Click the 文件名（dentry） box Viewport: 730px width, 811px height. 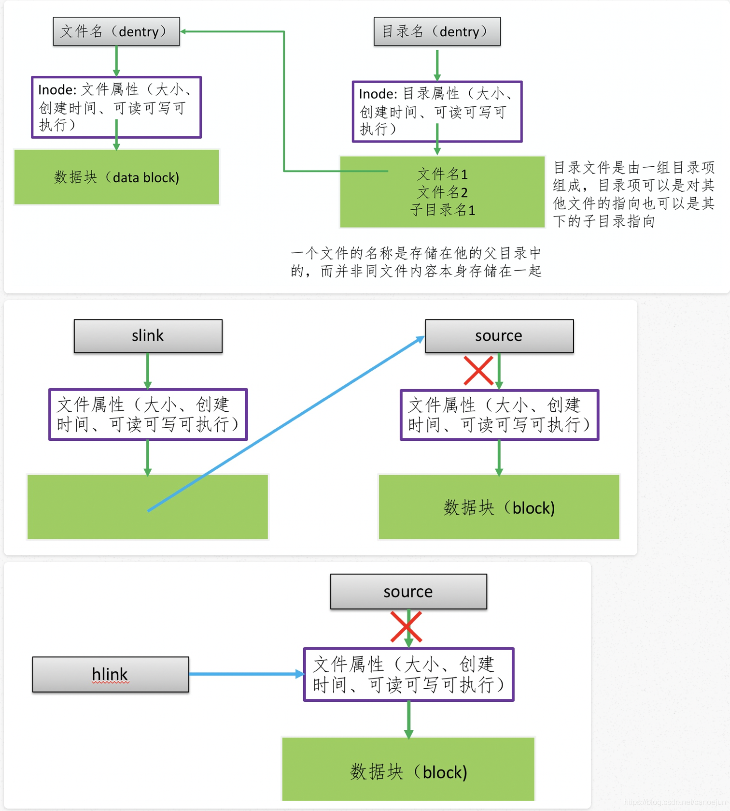click(x=116, y=31)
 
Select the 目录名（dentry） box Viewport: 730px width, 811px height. click(x=437, y=31)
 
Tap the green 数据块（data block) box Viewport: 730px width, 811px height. click(x=116, y=177)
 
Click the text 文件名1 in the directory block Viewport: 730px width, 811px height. click(x=442, y=174)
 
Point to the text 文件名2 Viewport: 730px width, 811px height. click(x=442, y=192)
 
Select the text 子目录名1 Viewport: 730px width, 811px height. click(x=442, y=210)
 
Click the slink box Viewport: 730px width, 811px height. click(x=148, y=336)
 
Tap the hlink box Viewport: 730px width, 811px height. click(x=111, y=674)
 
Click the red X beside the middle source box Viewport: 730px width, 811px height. click(x=478, y=371)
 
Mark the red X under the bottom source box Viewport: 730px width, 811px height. click(x=406, y=627)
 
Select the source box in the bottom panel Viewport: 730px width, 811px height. click(x=408, y=592)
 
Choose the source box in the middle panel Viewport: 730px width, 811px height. click(x=499, y=336)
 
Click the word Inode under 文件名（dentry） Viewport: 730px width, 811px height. click(x=56, y=90)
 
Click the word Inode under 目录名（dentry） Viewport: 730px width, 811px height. click(x=378, y=94)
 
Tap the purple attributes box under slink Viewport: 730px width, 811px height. click(x=148, y=415)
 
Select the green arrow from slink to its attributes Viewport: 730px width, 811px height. click(x=148, y=371)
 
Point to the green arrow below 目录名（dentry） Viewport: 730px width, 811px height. click(x=437, y=65)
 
